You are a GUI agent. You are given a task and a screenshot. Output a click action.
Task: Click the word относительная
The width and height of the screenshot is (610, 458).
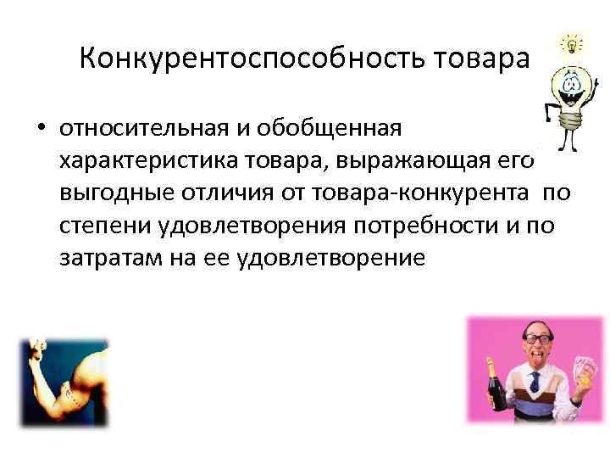point(143,129)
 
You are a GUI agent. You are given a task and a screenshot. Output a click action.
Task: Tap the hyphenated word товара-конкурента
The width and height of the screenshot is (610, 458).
point(419,193)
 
